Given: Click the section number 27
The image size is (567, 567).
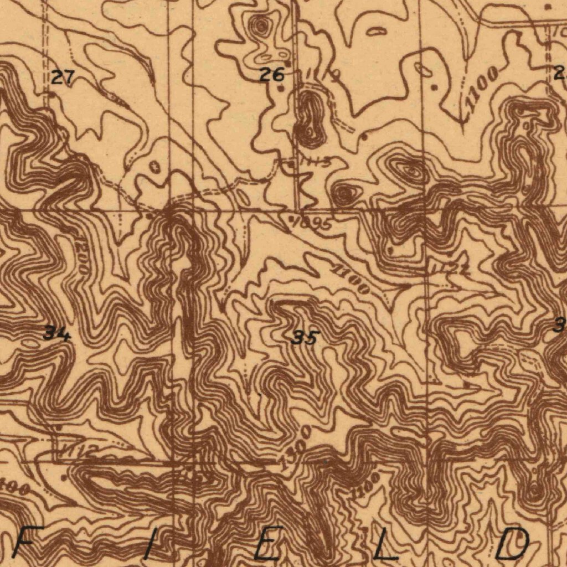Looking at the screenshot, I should click(x=63, y=77).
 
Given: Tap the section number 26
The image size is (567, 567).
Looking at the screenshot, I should click(x=272, y=74).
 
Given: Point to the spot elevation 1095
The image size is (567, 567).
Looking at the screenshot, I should click(x=311, y=223).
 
